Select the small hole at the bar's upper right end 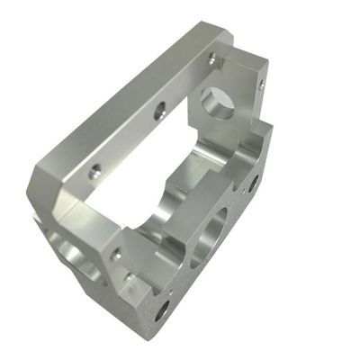(213, 58)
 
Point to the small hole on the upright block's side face (260, 85)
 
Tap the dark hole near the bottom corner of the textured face (163, 311)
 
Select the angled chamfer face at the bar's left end (49, 184)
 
